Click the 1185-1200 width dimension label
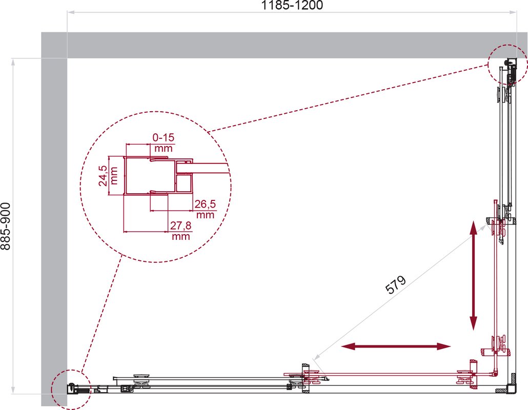(292, 5)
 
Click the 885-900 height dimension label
(6, 226)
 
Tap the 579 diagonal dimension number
(396, 285)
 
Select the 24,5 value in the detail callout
(103, 176)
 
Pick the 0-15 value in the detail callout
(164, 137)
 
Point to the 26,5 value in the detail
(205, 204)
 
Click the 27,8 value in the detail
(180, 225)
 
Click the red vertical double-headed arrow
(473, 275)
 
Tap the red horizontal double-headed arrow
(396, 346)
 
